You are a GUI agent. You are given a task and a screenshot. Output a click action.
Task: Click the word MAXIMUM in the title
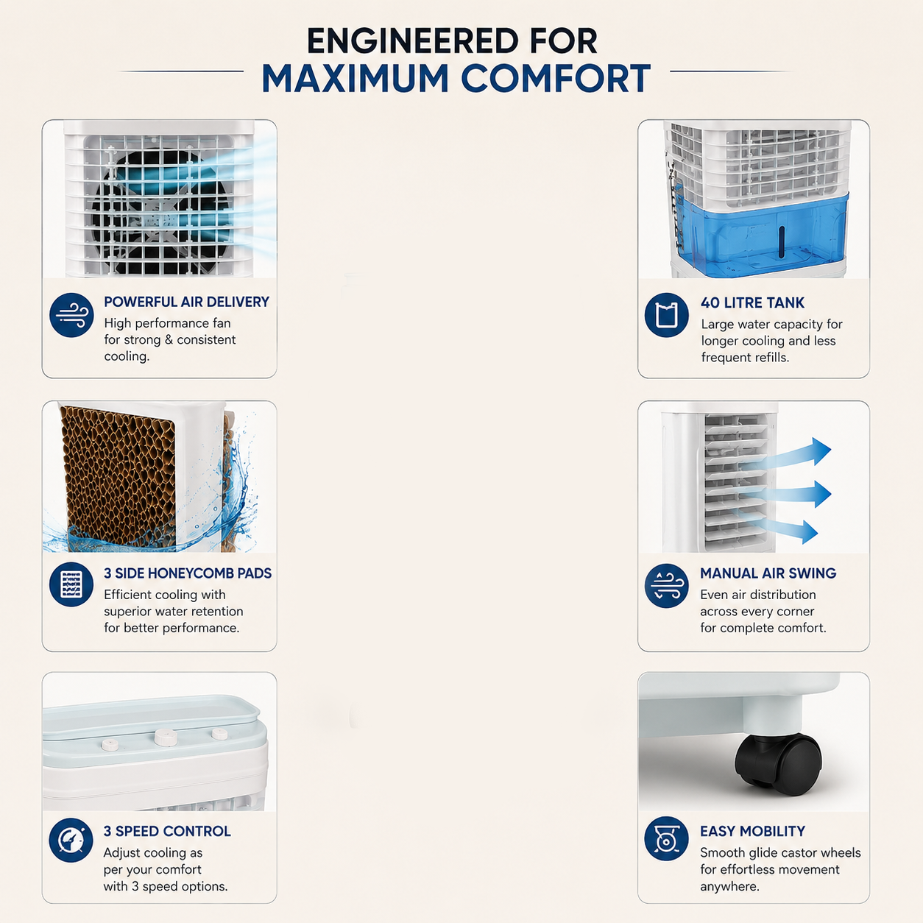(355, 78)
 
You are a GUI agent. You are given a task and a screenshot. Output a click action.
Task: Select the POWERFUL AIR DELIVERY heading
(186, 302)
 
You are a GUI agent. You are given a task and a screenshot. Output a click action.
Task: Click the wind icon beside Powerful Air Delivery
(71, 315)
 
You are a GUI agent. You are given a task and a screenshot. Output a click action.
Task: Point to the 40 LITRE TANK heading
(752, 303)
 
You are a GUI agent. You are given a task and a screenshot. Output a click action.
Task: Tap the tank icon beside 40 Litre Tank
(666, 315)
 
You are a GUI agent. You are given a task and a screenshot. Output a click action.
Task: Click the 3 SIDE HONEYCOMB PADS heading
(187, 573)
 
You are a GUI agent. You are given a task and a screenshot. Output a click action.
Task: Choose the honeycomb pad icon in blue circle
(71, 584)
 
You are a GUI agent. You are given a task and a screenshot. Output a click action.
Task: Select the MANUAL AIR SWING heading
(768, 573)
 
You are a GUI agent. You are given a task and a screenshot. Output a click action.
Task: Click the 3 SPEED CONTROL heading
(166, 831)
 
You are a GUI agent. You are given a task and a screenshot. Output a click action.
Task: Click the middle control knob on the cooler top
(166, 738)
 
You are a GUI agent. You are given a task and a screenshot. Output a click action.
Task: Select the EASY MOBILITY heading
(752, 831)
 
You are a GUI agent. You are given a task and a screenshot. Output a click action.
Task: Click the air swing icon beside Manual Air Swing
(666, 585)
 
